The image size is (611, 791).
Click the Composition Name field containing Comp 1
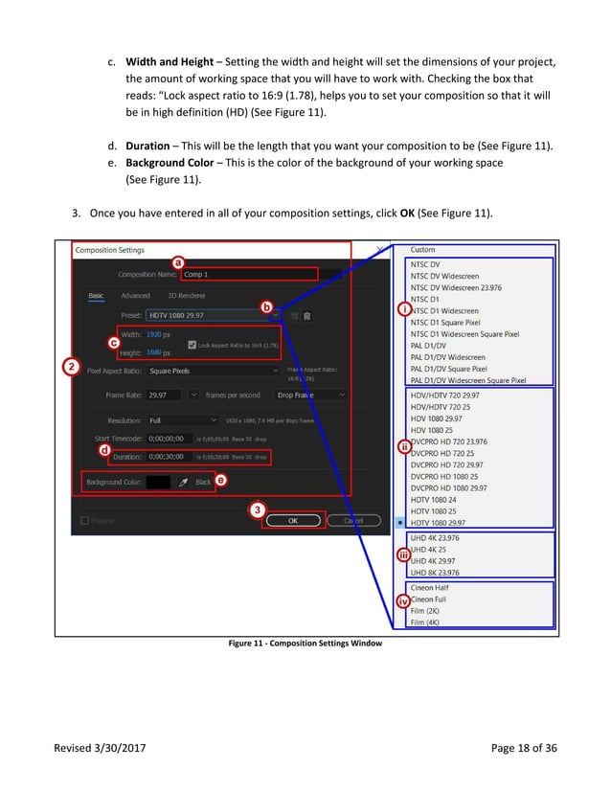(249, 274)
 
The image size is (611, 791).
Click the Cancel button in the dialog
(353, 520)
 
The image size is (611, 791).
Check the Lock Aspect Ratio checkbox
(192, 345)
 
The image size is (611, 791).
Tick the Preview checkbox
(85, 521)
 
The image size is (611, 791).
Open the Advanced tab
(135, 296)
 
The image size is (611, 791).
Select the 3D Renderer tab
(186, 296)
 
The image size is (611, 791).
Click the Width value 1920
(155, 336)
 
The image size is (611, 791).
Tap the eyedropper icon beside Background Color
(183, 483)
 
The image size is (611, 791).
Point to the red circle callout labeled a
(177, 261)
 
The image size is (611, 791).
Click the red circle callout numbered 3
(258, 509)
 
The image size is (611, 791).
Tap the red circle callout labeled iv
(404, 601)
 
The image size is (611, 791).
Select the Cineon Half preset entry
(429, 587)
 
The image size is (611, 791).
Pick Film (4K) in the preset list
(426, 622)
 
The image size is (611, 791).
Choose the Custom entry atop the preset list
(422, 250)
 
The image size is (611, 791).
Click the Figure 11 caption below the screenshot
(305, 644)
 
